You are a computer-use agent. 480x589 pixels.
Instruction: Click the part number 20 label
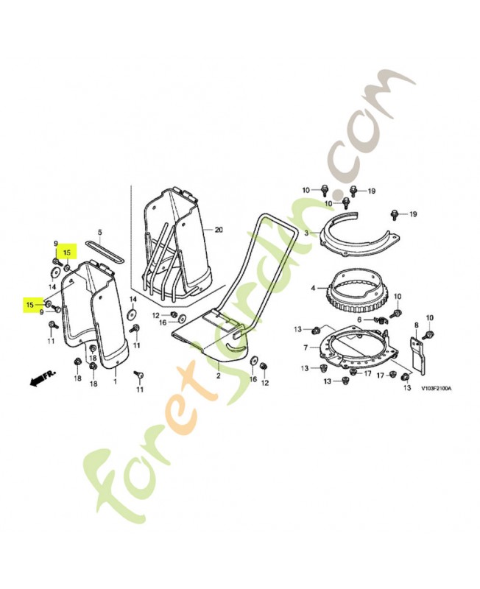coord(219,230)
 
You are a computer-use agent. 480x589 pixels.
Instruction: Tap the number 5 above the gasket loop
coord(99,233)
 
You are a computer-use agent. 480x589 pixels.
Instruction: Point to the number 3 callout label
coord(306,233)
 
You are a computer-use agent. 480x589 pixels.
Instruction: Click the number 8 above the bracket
coord(416,325)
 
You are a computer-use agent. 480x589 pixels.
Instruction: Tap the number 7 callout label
coord(306,348)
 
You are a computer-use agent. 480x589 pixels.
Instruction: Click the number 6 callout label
coord(359,320)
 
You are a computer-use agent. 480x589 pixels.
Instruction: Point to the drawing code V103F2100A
coord(436,389)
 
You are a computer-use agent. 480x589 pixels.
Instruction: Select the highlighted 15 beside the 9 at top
coord(66,253)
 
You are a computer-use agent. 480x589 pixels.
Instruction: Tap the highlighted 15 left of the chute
coord(29,305)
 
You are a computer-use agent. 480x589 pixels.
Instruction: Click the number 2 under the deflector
coord(218,375)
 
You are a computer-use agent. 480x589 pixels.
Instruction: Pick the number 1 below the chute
coord(116,381)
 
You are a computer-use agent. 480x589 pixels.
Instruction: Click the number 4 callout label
coord(313,289)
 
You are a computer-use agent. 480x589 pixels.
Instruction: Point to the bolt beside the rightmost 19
coord(395,214)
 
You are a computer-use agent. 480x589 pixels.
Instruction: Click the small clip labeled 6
coord(380,320)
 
